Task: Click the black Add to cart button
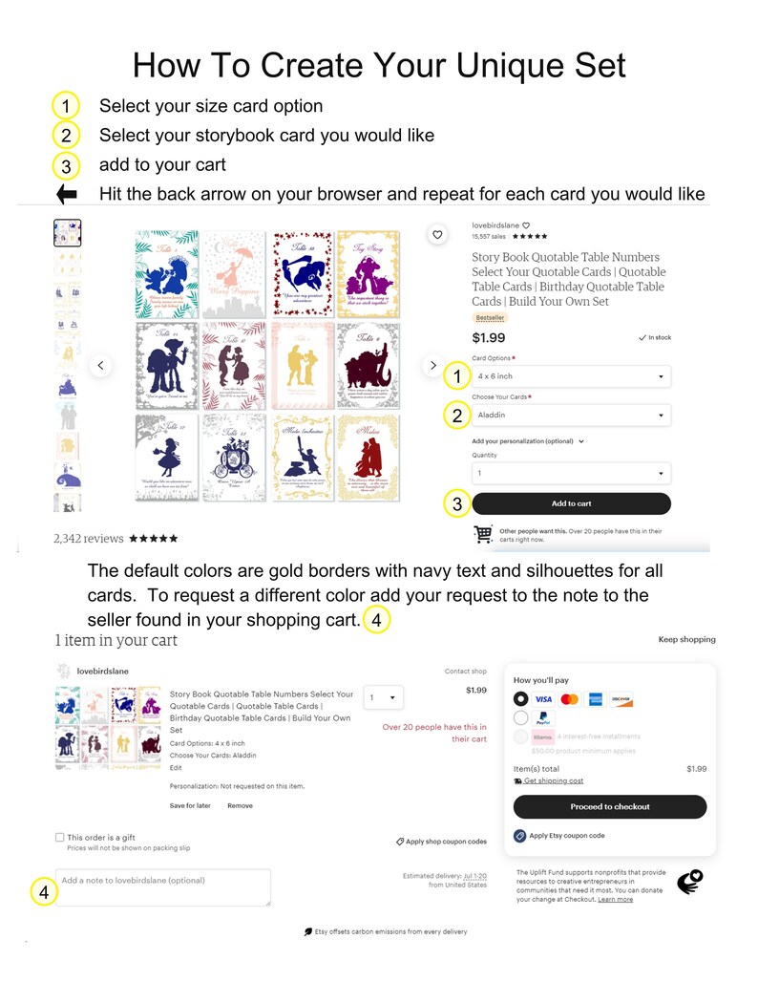click(571, 503)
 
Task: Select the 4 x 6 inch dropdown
click(571, 376)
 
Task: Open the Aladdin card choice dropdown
click(571, 416)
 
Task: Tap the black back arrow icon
click(67, 195)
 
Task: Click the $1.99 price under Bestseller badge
click(489, 337)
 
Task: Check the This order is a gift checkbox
click(60, 838)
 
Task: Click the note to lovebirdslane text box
click(163, 886)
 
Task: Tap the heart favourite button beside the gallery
click(437, 234)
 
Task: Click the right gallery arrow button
click(433, 365)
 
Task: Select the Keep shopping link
click(686, 639)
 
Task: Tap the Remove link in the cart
click(240, 805)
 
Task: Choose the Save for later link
click(190, 805)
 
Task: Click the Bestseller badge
click(490, 317)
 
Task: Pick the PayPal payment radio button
click(521, 717)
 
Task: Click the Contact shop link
click(466, 672)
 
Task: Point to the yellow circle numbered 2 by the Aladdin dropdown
click(457, 416)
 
